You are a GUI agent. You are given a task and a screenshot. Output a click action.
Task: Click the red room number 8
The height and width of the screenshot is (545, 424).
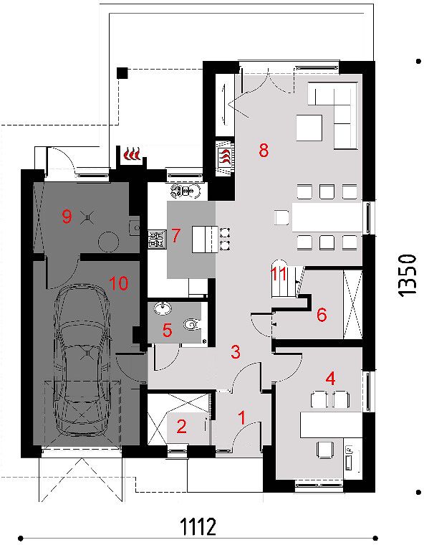[264, 151]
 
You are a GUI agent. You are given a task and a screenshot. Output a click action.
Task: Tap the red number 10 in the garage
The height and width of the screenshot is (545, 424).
[119, 283]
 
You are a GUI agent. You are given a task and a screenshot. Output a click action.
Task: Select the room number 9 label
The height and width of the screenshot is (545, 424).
[67, 217]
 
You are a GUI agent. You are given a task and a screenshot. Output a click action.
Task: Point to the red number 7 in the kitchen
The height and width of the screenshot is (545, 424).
[175, 235]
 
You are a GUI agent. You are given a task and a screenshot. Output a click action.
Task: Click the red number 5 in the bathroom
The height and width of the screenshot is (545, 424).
[167, 330]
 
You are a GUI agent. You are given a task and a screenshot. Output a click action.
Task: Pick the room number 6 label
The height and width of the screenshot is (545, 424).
[322, 315]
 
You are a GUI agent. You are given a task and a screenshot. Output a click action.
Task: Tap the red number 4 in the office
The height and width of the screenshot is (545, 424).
[330, 379]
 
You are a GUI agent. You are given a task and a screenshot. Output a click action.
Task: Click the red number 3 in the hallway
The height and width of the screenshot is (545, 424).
[236, 352]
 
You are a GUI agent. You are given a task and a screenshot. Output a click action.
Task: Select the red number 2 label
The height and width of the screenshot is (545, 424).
[181, 427]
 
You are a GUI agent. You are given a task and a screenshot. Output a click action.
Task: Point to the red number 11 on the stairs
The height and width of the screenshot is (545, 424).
[279, 275]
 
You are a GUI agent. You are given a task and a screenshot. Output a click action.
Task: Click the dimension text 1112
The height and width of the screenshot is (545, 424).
[198, 526]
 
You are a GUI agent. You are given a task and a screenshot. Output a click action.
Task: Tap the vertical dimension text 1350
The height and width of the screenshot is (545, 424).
[407, 275]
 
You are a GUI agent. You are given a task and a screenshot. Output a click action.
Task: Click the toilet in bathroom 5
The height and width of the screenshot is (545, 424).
[191, 325]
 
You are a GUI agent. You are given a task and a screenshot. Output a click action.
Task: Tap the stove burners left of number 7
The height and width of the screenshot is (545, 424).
[157, 239]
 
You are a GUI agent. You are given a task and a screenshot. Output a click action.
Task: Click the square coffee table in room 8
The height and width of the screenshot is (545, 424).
[309, 128]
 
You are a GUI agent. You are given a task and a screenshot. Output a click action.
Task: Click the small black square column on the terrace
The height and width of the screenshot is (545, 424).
[122, 73]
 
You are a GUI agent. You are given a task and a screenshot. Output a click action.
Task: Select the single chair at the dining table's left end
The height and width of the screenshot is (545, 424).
[282, 217]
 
